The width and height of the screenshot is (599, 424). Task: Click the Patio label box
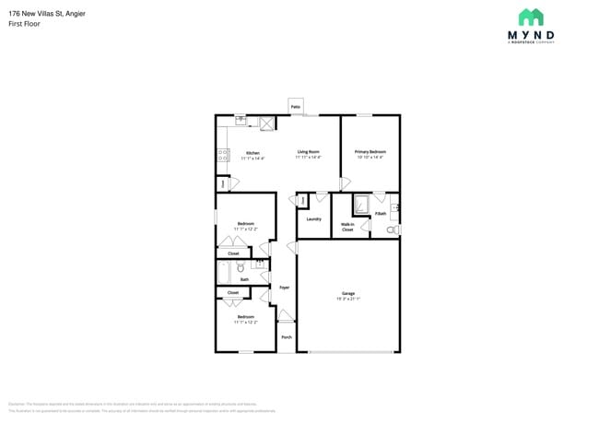click(x=296, y=107)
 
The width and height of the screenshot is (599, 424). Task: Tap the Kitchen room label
click(x=253, y=153)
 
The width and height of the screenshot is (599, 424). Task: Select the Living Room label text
click(x=308, y=152)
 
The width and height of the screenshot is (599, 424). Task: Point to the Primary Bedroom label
click(x=370, y=152)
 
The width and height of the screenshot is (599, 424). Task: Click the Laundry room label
click(x=313, y=218)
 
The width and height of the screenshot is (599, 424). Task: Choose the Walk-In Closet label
click(x=347, y=227)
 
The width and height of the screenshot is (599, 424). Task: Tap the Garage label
click(x=348, y=294)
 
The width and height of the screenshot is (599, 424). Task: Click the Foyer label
click(x=285, y=288)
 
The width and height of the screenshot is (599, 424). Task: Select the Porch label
click(x=287, y=337)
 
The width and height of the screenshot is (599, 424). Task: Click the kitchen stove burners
click(x=222, y=155)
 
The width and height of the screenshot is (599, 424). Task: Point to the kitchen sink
click(x=241, y=120)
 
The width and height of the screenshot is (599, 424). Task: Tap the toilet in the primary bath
click(x=392, y=229)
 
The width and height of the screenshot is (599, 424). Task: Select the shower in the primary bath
click(x=360, y=204)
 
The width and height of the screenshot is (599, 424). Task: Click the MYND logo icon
click(x=530, y=17)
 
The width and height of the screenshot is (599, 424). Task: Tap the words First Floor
click(x=25, y=23)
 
